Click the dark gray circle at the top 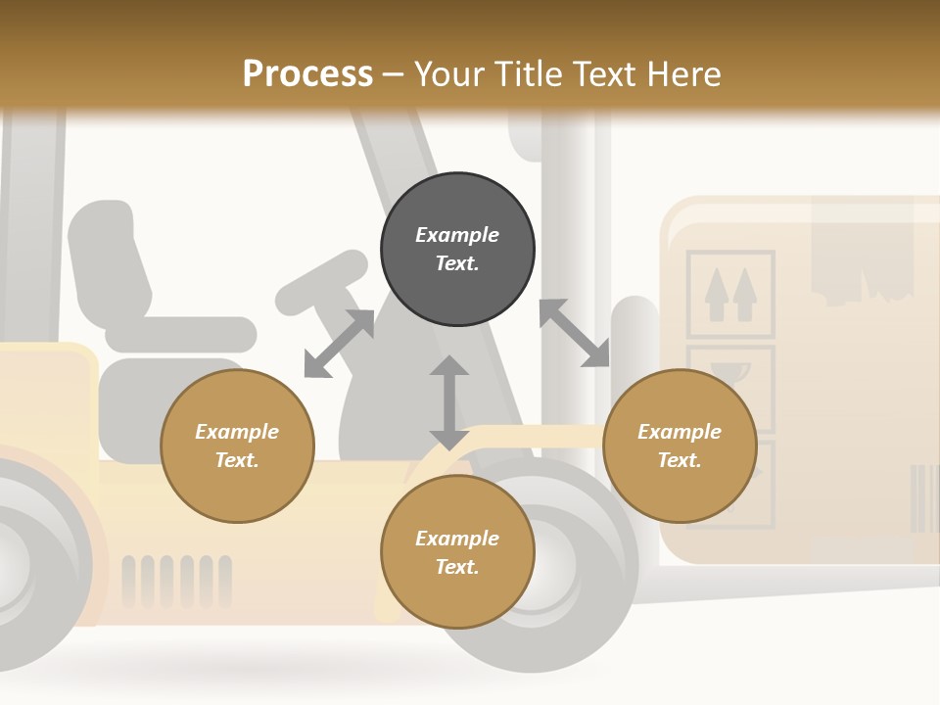point(457,249)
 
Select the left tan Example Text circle point(237,446)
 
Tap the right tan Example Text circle point(680,446)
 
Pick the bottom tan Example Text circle point(457,552)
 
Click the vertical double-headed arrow point(449,402)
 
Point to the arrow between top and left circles point(339,344)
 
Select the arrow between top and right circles point(574,333)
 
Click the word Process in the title point(307,74)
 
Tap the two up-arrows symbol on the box point(731,294)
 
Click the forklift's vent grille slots point(177,581)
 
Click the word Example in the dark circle point(457,235)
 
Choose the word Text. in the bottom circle point(457,567)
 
